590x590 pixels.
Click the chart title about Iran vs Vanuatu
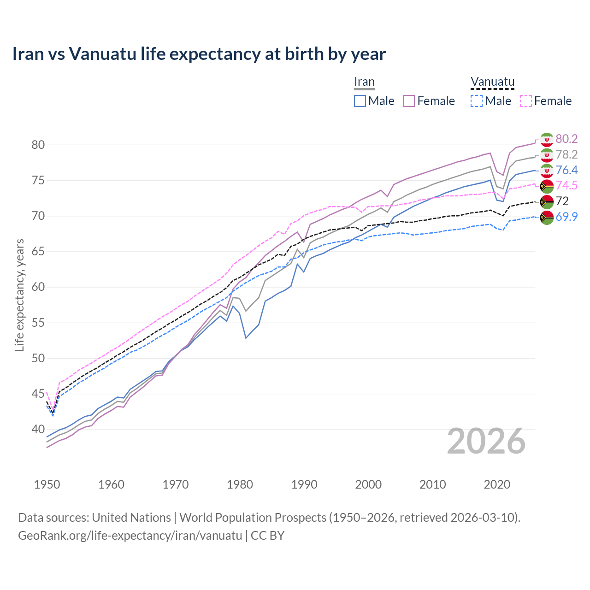pyautogui.click(x=199, y=54)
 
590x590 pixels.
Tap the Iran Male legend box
pyautogui.click(x=360, y=101)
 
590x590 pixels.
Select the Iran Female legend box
pyautogui.click(x=409, y=101)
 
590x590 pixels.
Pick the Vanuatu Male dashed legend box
pyautogui.click(x=477, y=101)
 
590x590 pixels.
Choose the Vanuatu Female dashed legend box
pyautogui.click(x=525, y=101)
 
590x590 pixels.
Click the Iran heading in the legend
pyautogui.click(x=364, y=82)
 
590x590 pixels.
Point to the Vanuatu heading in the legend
pyautogui.click(x=492, y=82)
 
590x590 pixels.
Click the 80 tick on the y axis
pyautogui.click(x=38, y=145)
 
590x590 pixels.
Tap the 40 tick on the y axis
pyautogui.click(x=38, y=429)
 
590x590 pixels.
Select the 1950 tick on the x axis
pyautogui.click(x=47, y=484)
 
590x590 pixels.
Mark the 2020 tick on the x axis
pyautogui.click(x=497, y=484)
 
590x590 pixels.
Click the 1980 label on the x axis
pyautogui.click(x=240, y=484)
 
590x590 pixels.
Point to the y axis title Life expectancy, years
pyautogui.click(x=19, y=295)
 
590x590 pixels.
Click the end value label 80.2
pyautogui.click(x=566, y=139)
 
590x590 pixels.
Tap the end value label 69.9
pyautogui.click(x=566, y=217)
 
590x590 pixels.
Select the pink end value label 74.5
pyautogui.click(x=566, y=186)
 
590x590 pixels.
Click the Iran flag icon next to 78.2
pyautogui.click(x=547, y=155)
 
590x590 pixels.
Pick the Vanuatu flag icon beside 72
pyautogui.click(x=547, y=201)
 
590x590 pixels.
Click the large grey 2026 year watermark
pyautogui.click(x=486, y=441)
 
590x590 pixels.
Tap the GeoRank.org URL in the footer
pyautogui.click(x=130, y=536)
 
